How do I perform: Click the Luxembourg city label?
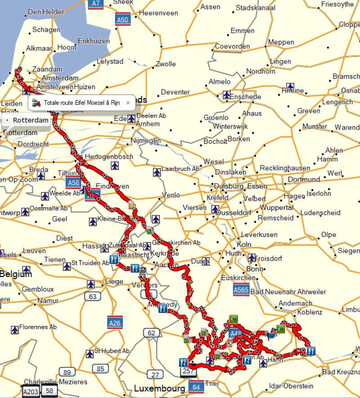click(159, 388)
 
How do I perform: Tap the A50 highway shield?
click(123, 20)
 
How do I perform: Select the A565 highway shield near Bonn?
click(241, 290)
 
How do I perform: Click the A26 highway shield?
click(115, 322)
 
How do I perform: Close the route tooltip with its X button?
click(128, 103)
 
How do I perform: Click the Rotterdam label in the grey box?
click(30, 120)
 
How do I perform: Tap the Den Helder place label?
click(46, 12)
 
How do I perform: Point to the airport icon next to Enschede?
click(227, 95)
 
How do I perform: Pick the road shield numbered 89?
click(67, 372)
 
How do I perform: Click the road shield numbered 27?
click(155, 375)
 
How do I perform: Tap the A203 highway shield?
click(31, 391)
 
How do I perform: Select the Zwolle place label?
click(166, 64)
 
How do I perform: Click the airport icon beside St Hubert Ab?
click(90, 353)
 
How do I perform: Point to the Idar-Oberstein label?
click(291, 385)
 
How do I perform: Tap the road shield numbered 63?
click(93, 296)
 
